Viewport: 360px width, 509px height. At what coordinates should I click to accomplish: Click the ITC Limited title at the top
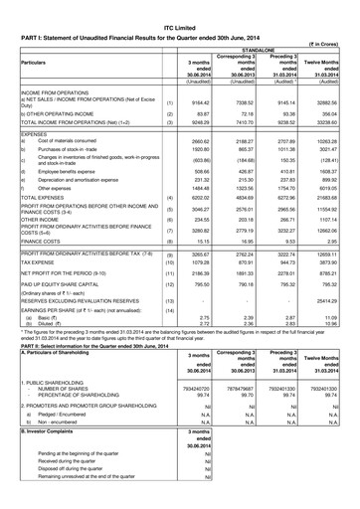tap(180, 7)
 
